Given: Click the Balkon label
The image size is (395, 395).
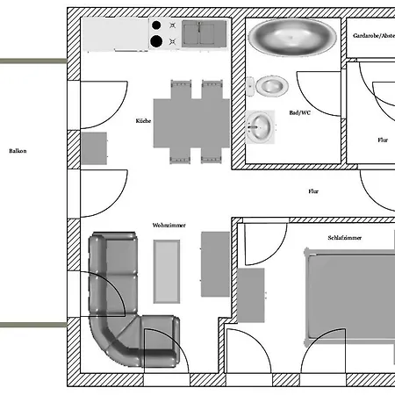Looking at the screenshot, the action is [18, 151].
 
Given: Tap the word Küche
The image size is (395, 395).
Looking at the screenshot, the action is [143, 120].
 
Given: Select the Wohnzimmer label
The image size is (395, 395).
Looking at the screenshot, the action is [169, 225].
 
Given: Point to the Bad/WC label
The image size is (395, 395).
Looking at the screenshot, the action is [299, 112].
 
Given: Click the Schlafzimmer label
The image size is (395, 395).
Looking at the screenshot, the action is [345, 238].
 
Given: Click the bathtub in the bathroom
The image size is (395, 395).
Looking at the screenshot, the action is [292, 37].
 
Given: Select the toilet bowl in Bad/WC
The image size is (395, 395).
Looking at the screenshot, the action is [272, 86].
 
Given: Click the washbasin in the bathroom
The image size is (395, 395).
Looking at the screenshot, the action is [260, 127].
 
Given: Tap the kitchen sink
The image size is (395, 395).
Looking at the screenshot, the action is [205, 33].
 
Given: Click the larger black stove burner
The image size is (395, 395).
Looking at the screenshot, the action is [156, 41].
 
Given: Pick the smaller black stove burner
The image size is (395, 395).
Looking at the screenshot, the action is [156, 25].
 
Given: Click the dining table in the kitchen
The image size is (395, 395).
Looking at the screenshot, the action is [191, 123].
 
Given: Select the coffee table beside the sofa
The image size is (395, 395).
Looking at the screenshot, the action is [167, 271].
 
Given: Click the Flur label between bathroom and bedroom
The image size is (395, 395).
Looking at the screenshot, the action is [313, 191].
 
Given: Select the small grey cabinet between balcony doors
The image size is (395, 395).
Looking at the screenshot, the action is [94, 148].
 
